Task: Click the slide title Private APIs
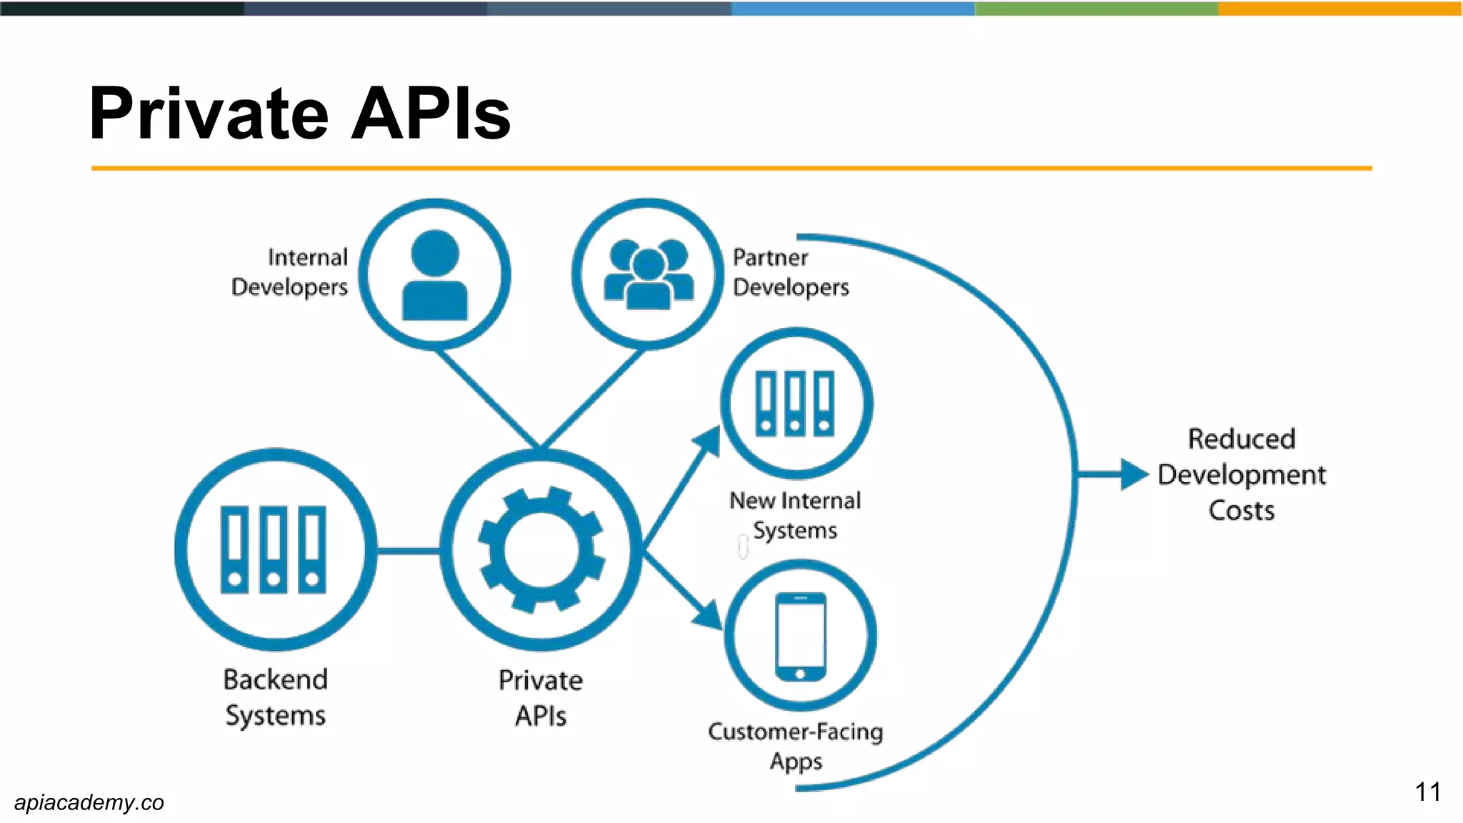[300, 114]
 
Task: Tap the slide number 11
[1427, 792]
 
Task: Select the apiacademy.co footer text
[89, 802]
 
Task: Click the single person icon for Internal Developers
[434, 276]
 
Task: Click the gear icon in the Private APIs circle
[541, 550]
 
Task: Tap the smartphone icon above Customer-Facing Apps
[800, 637]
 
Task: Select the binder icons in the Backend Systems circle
[274, 550]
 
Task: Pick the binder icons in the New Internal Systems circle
[795, 404]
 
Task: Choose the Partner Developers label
[790, 272]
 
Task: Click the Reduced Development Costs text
[1242, 474]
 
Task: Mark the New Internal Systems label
[795, 515]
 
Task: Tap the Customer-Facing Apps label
[796, 746]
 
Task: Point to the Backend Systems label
[276, 697]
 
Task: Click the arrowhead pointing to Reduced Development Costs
[1134, 474]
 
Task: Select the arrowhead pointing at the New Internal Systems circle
[709, 441]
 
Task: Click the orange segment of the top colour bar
[1340, 9]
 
